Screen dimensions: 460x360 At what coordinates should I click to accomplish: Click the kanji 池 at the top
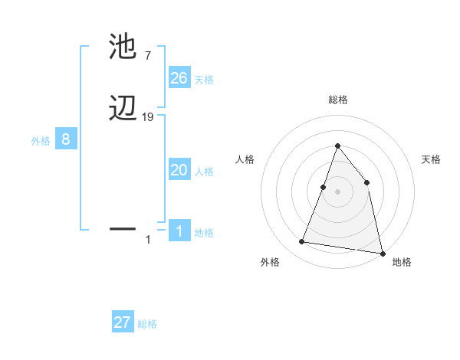coord(123,47)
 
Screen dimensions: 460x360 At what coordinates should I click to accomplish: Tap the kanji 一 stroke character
coord(123,228)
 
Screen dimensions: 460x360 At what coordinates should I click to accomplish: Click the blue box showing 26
coord(179,78)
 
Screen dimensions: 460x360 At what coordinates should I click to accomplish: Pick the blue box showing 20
coord(179,170)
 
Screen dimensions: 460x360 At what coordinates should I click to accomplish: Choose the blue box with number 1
coord(179,232)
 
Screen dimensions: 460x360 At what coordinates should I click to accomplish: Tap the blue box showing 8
coord(66,139)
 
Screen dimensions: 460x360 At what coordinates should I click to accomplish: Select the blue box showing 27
coord(123,322)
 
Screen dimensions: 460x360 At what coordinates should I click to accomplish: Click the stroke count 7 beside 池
coord(148,56)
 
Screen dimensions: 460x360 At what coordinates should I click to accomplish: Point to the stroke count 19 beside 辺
coord(148,117)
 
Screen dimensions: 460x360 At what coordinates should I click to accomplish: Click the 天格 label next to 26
coord(204,79)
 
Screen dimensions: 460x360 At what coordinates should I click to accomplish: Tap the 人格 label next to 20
coord(204,172)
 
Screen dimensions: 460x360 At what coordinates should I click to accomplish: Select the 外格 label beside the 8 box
coord(41,140)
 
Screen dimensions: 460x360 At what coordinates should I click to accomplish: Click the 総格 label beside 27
coord(147,324)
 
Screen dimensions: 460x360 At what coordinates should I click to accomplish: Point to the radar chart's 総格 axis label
coord(337,100)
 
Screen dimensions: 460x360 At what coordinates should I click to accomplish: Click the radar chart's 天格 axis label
coord(431,159)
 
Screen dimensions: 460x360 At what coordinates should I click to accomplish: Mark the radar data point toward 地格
coord(382,251)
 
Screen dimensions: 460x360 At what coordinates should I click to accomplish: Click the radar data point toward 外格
coord(302,242)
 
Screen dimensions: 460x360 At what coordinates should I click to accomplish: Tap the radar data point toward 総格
coord(337,146)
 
